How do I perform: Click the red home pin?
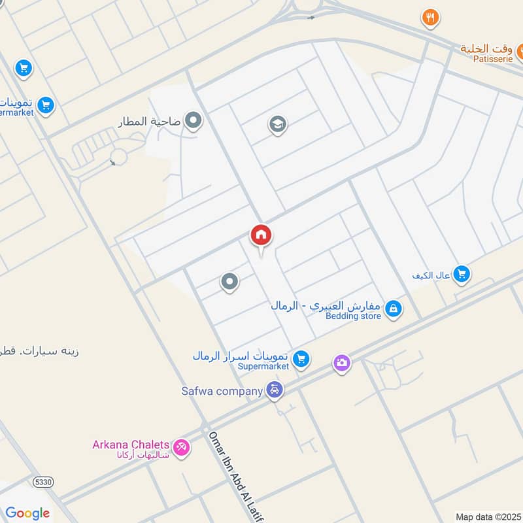click(x=261, y=236)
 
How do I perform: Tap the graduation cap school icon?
click(x=278, y=124)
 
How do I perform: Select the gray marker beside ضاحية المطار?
click(x=193, y=120)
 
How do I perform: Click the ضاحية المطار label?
click(x=150, y=122)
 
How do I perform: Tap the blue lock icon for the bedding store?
click(x=393, y=308)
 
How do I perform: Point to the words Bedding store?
click(x=353, y=316)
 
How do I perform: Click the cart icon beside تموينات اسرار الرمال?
click(x=301, y=358)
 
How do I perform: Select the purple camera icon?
click(x=341, y=363)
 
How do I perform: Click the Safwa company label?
click(x=222, y=391)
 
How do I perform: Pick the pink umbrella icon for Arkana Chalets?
click(x=182, y=448)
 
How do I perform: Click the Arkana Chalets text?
click(x=131, y=445)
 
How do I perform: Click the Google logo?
click(x=27, y=513)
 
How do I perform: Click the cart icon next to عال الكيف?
click(x=462, y=275)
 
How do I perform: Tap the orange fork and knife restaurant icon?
click(x=430, y=18)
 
